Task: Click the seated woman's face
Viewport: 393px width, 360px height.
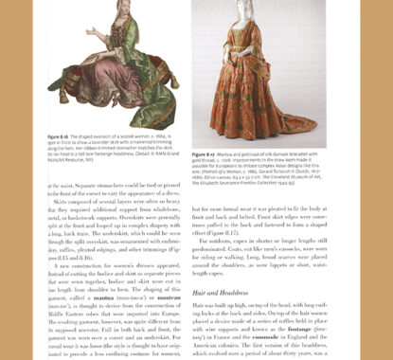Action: coord(99,21)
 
